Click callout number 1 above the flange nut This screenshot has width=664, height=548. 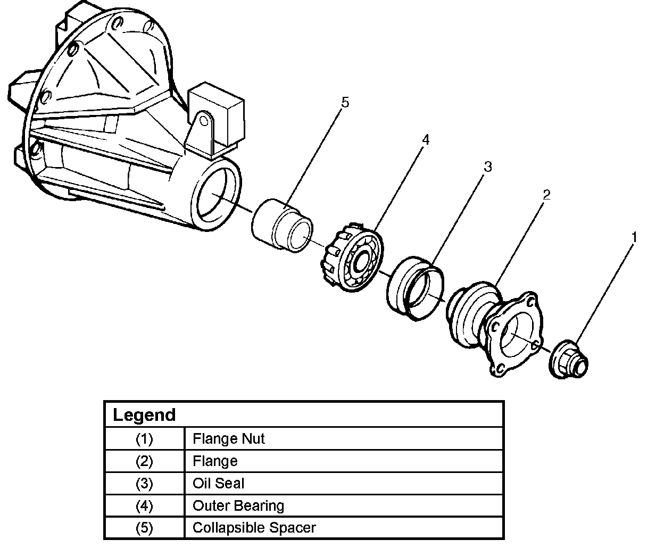634,237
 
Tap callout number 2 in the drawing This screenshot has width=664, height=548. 546,195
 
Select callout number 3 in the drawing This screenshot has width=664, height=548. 487,167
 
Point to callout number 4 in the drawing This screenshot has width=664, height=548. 425,140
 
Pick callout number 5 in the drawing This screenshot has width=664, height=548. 345,103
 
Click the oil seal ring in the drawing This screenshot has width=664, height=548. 414,288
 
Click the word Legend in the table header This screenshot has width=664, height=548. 144,415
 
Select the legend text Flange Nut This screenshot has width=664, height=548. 228,439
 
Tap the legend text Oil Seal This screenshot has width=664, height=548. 218,484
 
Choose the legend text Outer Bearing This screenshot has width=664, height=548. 238,505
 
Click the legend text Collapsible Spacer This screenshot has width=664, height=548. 254,528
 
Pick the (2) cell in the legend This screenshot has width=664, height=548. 144,461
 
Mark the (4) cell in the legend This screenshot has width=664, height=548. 144,505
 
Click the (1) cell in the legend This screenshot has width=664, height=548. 144,439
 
